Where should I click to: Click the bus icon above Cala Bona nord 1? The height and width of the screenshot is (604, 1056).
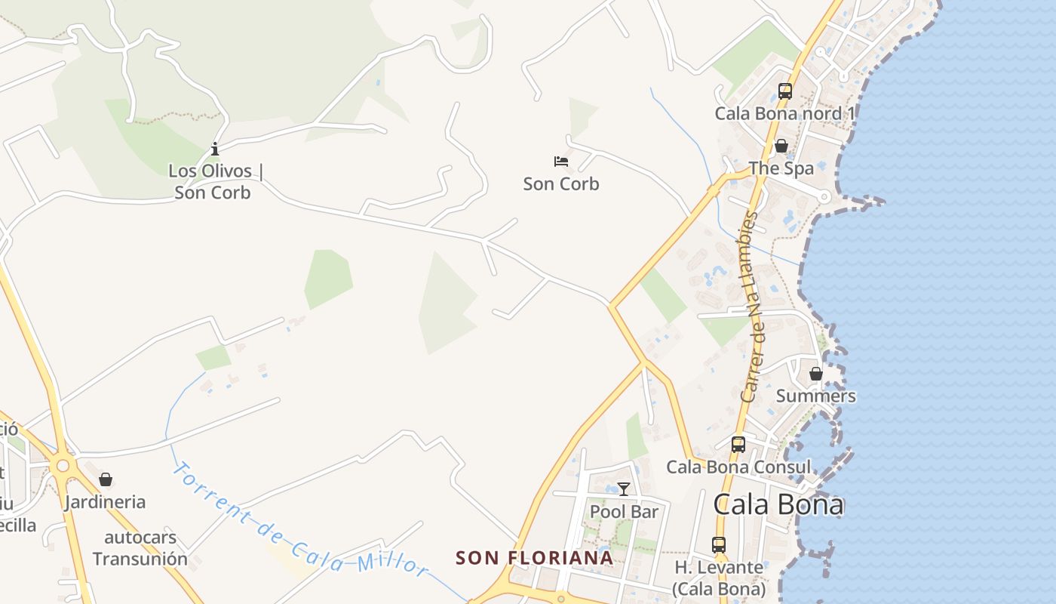point(785,91)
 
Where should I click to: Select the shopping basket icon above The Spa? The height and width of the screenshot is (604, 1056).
point(781,146)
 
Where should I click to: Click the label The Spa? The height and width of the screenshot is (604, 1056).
point(781,168)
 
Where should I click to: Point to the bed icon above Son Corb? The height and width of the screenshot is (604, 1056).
point(561,161)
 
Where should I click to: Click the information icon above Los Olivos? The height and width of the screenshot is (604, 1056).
point(215,149)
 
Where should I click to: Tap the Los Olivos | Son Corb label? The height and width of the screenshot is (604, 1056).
point(214,182)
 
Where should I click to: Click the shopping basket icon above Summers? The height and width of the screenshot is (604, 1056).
point(815,374)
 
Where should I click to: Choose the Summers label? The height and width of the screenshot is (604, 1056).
point(815,396)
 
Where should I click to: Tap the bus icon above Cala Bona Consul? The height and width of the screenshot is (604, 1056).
point(738,445)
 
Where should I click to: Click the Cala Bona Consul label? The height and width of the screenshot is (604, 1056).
point(738,467)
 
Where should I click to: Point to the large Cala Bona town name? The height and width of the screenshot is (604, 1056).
point(778,504)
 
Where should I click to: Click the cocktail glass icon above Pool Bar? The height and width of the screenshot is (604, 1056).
point(624,489)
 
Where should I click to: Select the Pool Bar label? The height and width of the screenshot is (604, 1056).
point(624,512)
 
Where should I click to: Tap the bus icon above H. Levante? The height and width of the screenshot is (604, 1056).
point(719,544)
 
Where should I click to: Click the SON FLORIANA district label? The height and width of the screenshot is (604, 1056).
point(534,558)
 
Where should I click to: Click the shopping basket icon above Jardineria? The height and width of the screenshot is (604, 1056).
point(106,479)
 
